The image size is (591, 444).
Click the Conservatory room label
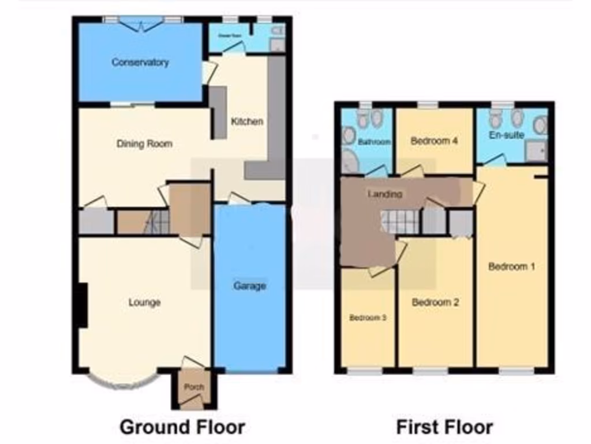click(x=140, y=62)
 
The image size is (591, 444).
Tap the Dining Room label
click(x=144, y=143)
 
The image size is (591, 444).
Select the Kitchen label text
click(x=247, y=121)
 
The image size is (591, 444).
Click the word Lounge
click(x=144, y=302)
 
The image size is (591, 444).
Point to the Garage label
click(x=249, y=286)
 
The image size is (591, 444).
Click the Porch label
click(x=193, y=387)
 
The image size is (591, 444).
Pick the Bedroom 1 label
click(x=512, y=267)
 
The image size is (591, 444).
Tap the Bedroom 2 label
click(x=435, y=302)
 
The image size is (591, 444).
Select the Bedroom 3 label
click(x=367, y=317)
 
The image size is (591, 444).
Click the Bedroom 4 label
click(x=435, y=140)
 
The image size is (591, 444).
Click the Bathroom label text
click(x=375, y=142)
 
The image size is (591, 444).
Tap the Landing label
click(x=385, y=194)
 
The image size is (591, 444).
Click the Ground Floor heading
click(x=182, y=427)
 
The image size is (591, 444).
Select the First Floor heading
click(x=444, y=427)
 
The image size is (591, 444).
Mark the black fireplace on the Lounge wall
click(x=82, y=305)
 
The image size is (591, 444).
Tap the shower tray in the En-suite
click(x=534, y=152)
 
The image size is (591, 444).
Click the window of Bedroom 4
click(x=428, y=105)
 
